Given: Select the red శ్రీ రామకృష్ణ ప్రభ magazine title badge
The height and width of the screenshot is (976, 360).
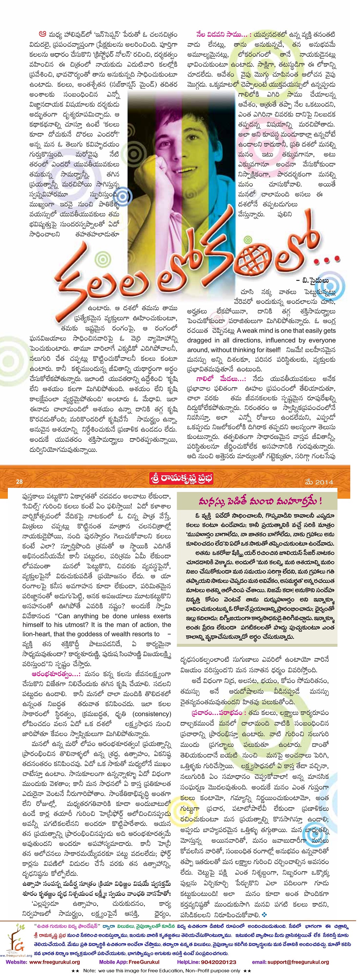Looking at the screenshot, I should click(182, 479).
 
